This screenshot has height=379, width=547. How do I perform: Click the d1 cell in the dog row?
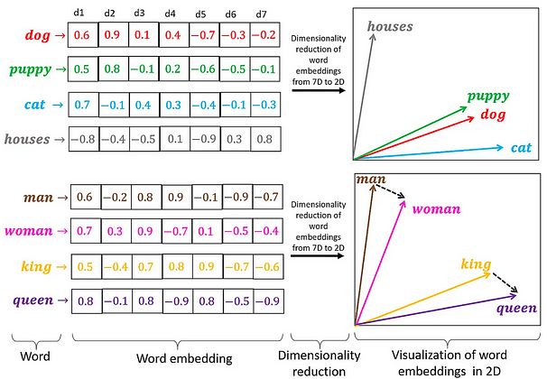83,35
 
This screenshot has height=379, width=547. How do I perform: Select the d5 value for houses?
205,139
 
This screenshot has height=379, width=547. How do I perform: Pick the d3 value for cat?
144,105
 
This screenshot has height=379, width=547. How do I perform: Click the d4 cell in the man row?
177,197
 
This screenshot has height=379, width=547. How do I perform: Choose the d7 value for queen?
268,300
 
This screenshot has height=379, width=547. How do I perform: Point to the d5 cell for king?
208,267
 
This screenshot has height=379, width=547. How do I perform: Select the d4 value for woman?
177,231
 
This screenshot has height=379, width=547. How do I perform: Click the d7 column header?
261,14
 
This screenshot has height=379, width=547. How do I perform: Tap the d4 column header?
170,14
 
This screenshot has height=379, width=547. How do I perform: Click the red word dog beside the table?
38,35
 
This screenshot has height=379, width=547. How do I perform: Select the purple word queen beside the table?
33,300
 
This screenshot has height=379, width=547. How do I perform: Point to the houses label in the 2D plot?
390,26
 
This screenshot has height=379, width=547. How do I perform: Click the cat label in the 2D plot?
521,148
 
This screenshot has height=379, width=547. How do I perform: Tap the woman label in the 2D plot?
436,209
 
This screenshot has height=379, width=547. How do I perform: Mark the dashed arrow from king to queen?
505,282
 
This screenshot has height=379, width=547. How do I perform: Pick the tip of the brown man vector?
374,185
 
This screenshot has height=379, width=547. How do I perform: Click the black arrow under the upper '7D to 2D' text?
319,90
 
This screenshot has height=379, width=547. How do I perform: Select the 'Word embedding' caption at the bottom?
184,358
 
